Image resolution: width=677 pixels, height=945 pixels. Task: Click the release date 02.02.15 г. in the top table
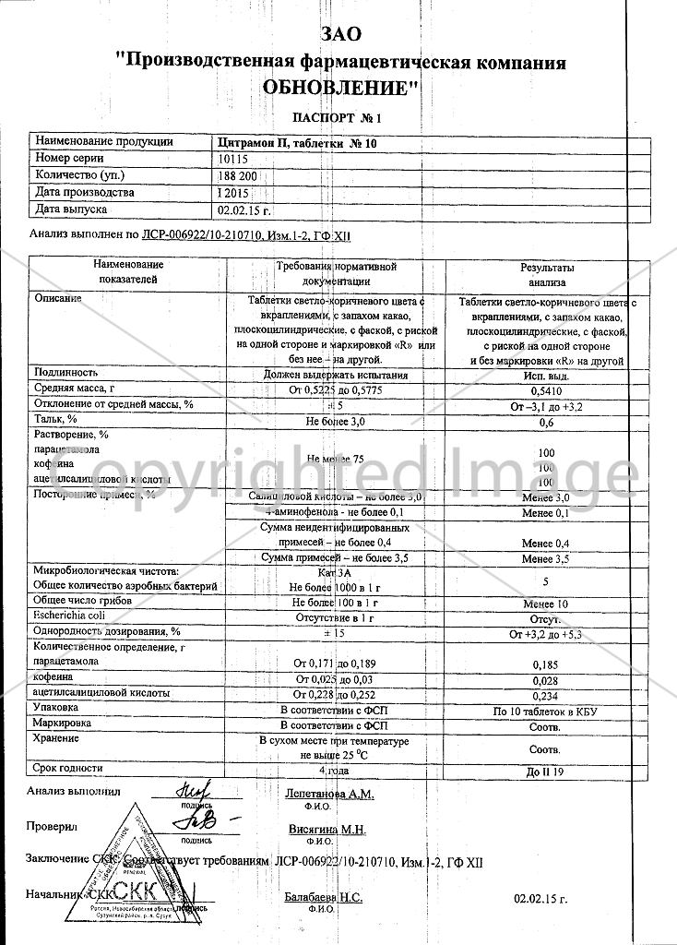tap(240, 209)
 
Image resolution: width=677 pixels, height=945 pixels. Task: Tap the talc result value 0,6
tap(546, 423)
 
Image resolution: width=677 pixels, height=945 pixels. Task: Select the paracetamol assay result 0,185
tap(546, 664)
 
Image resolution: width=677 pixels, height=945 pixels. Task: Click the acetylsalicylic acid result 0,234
tap(546, 695)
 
